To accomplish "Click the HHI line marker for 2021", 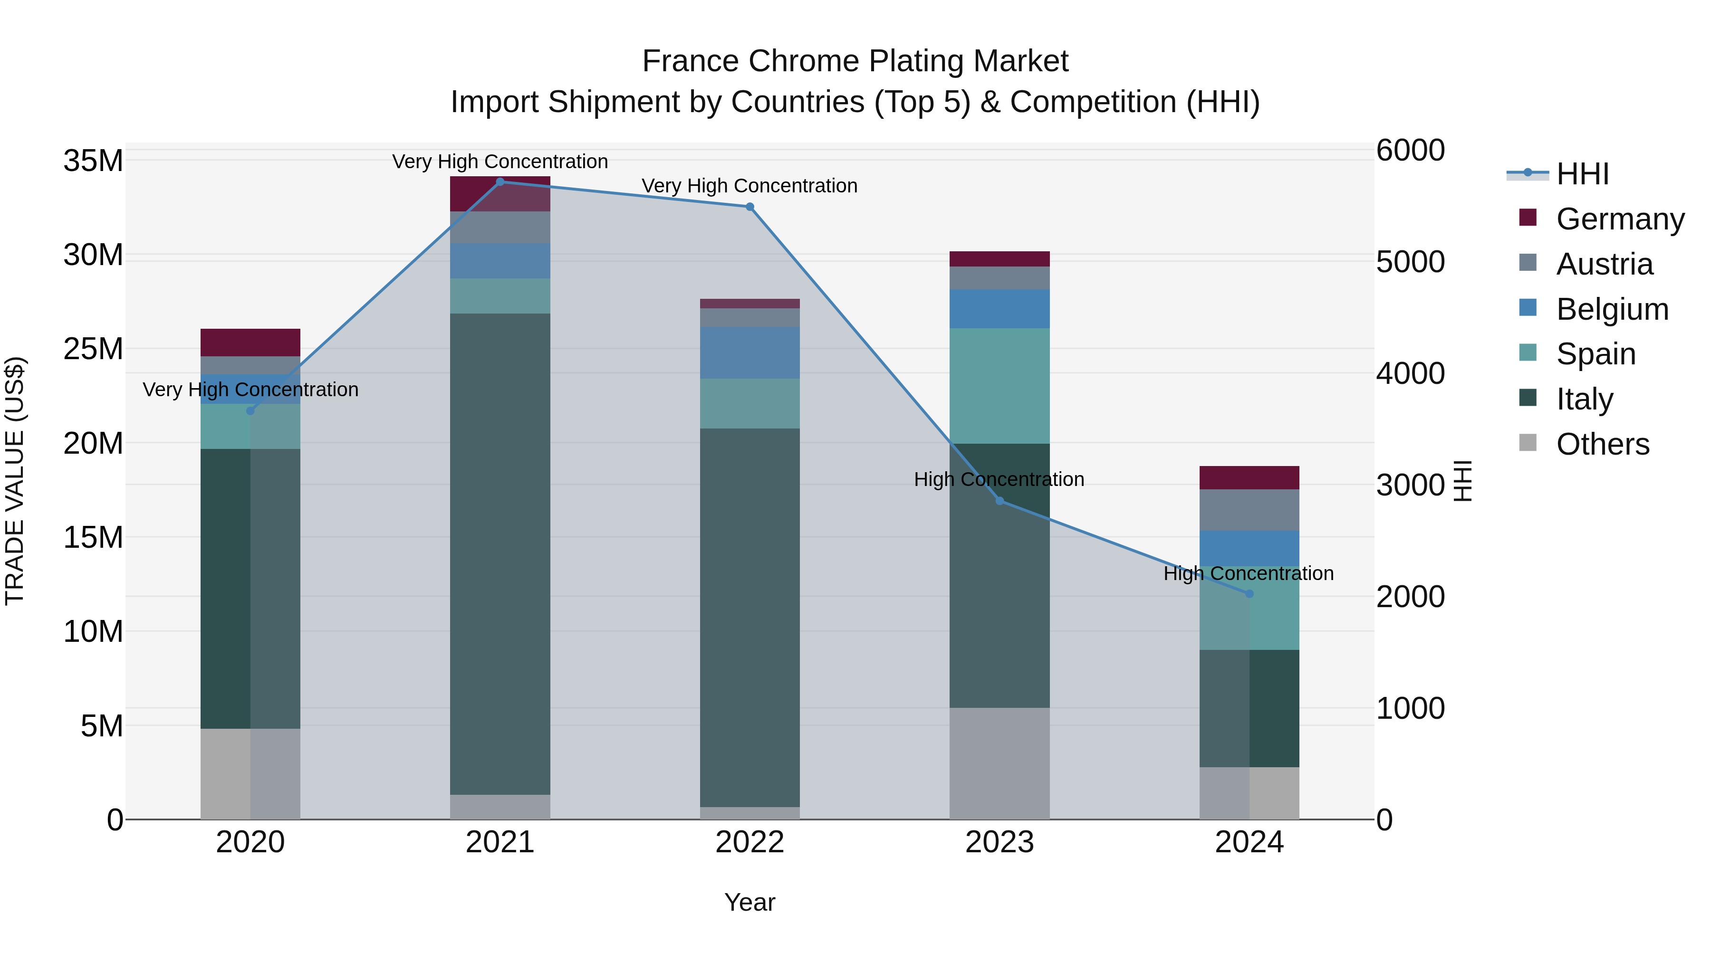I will pos(500,181).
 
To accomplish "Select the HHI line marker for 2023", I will pos(1000,501).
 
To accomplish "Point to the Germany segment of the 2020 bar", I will pos(250,343).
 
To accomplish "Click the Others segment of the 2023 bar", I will pos(1000,763).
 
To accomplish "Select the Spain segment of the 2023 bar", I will pos(1000,386).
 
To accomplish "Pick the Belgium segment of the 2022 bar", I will pos(750,352).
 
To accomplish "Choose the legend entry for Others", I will pos(1602,444).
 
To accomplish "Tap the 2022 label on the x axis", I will pos(750,842).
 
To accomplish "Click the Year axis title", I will pos(750,902).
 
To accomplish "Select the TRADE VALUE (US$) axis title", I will pos(15,481).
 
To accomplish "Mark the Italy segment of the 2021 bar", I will pos(500,554).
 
